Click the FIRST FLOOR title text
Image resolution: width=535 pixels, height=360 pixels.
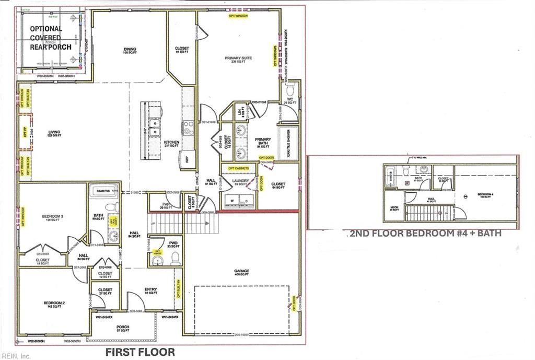(x=140, y=352)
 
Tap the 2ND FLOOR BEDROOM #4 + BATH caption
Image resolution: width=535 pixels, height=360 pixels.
(x=424, y=234)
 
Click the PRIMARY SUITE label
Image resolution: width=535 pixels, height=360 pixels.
(x=235, y=60)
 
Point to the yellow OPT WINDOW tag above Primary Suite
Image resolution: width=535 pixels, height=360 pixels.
(x=238, y=16)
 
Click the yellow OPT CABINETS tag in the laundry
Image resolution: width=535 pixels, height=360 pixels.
(x=239, y=169)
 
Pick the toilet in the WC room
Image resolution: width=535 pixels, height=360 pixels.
(x=290, y=88)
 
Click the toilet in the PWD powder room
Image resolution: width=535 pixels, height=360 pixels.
(x=175, y=258)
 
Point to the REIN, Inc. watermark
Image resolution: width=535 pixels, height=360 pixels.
(x=16, y=356)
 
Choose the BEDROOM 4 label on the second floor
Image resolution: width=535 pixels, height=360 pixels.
(x=485, y=196)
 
